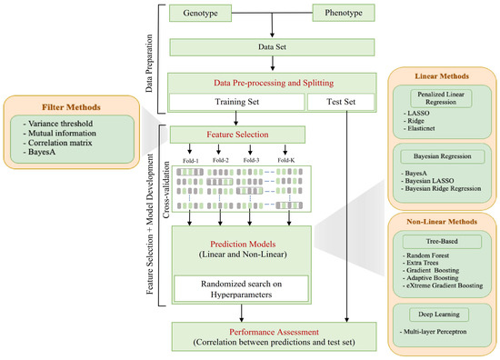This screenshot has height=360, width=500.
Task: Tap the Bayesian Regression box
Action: tap(447, 157)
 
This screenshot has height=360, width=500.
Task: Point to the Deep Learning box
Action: tap(447, 313)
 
